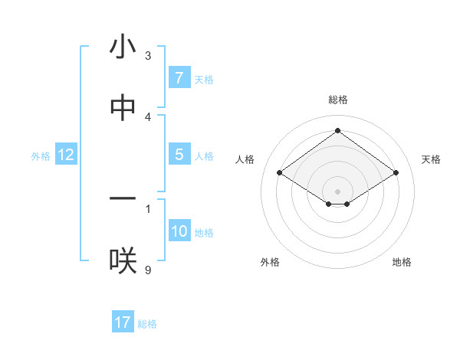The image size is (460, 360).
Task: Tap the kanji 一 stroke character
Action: click(x=123, y=199)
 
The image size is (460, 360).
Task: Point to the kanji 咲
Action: click(x=123, y=261)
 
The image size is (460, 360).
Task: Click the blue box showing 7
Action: click(x=179, y=78)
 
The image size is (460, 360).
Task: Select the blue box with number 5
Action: click(x=179, y=155)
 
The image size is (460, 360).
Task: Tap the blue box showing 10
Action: click(x=179, y=231)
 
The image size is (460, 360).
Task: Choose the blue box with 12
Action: click(x=66, y=155)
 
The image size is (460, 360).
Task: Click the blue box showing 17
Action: click(x=123, y=322)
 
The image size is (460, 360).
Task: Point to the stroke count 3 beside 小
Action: click(x=148, y=56)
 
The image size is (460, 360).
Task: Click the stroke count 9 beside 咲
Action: click(x=148, y=270)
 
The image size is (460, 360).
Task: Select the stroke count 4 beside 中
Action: click(x=148, y=116)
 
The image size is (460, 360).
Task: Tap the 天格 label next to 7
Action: click(x=204, y=79)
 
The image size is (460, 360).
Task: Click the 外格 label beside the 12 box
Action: click(x=41, y=156)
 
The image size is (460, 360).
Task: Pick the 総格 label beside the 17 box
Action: click(x=147, y=323)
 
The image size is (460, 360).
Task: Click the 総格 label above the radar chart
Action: click(x=337, y=100)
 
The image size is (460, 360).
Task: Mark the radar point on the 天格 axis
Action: click(x=396, y=173)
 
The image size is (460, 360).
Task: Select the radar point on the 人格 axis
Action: click(x=280, y=173)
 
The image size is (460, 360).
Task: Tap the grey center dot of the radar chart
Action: click(x=337, y=191)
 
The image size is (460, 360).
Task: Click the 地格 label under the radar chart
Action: click(x=402, y=262)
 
